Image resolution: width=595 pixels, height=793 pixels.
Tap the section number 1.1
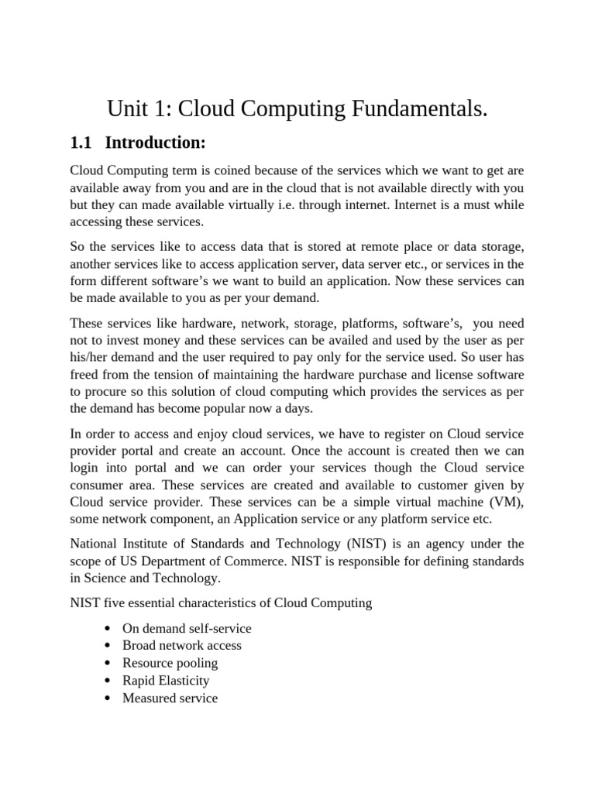(81, 142)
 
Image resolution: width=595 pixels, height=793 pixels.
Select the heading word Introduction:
(156, 142)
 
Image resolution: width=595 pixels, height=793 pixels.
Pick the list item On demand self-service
(187, 628)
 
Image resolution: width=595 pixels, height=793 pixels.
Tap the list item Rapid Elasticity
(166, 681)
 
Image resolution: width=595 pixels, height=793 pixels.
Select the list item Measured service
(170, 699)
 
